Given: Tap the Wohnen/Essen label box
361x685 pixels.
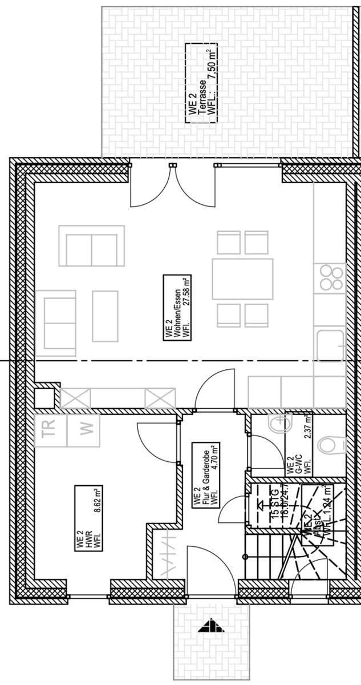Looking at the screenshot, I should [x=177, y=308].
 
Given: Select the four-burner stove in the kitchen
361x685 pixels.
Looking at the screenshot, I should [x=331, y=279].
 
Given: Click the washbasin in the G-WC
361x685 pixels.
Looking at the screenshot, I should [x=279, y=425].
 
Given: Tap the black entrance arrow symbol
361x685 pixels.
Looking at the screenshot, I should [x=211, y=626].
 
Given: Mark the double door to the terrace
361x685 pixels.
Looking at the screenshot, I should [x=173, y=186].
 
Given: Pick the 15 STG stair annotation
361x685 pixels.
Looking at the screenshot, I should [x=276, y=502].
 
